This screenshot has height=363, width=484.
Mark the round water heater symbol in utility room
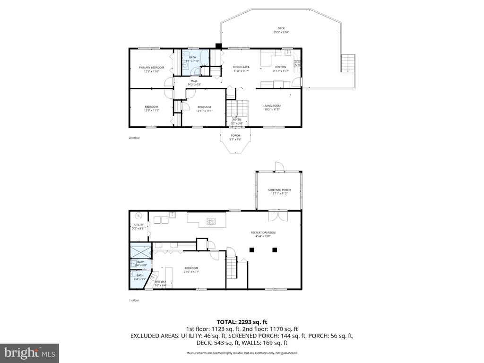coord(138,215)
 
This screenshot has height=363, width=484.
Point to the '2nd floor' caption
coord(134,138)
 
